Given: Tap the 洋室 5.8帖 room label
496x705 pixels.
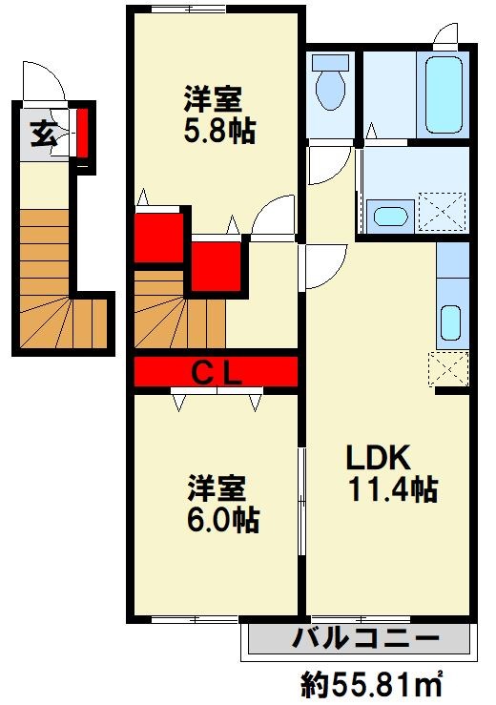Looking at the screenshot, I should pos(218,114).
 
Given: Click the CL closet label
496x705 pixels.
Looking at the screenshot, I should pos(216,371).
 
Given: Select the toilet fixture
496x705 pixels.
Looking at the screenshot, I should pos(331,82).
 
